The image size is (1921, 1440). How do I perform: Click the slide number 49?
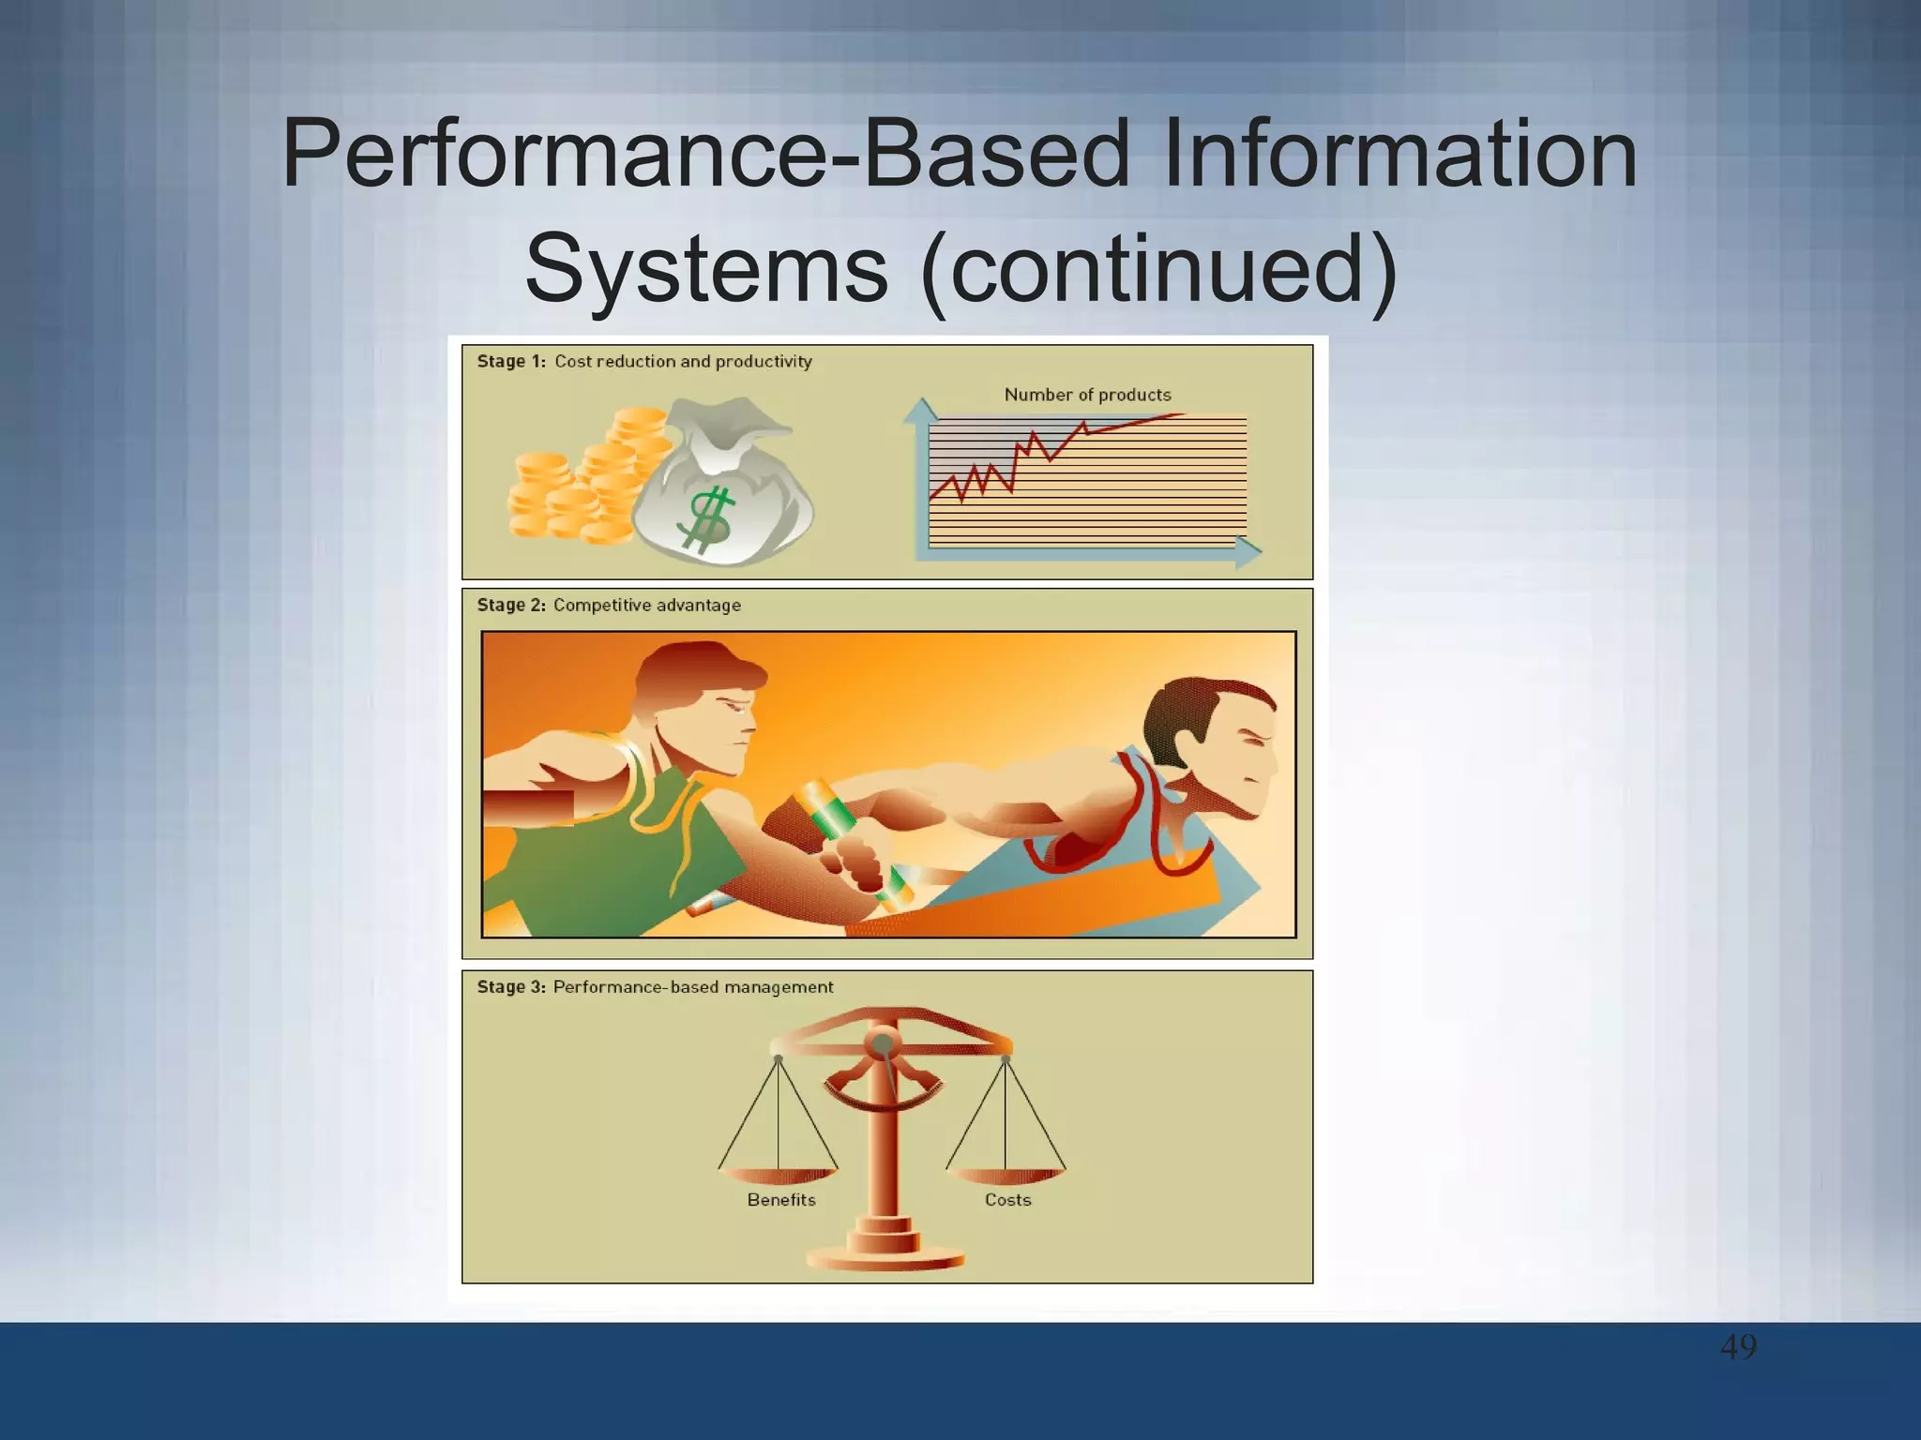pos(1738,1347)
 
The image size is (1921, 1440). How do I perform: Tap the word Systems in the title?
pos(705,269)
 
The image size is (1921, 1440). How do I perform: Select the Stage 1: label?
pos(510,362)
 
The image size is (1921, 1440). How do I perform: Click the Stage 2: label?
pos(510,606)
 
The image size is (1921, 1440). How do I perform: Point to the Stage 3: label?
pos(510,987)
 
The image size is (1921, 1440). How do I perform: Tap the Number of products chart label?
pos(1087,395)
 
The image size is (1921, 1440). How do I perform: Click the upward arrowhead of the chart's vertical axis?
pos(921,410)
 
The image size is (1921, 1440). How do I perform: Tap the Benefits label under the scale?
pos(781,1200)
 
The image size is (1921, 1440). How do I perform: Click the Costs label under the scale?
pos(1007,1200)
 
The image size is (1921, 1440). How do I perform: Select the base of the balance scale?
pos(885,1256)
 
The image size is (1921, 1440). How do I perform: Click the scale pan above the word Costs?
pos(1006,1175)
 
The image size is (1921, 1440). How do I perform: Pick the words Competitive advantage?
pos(647,606)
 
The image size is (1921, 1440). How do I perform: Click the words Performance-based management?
pos(692,987)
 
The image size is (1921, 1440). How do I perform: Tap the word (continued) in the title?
pos(1159,269)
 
